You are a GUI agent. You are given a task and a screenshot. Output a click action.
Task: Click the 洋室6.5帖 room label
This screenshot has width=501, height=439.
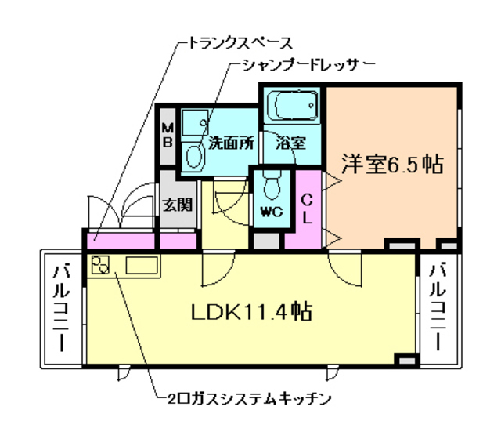[392, 165]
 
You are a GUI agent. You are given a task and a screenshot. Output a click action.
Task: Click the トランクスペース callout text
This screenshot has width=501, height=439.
[235, 41]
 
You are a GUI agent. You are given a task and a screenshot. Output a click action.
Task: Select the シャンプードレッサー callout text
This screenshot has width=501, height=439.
[297, 63]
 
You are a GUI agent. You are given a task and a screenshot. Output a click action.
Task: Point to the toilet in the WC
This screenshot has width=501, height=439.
[272, 187]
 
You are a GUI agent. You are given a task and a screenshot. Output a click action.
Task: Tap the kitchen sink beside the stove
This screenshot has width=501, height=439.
[141, 266]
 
